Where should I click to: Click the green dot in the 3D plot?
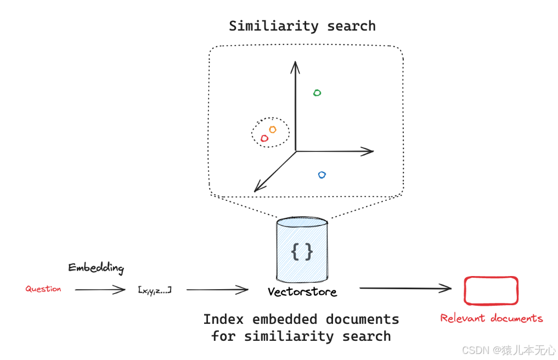[x=317, y=93]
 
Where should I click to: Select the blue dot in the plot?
[x=322, y=175]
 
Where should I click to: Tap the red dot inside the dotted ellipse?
[x=264, y=138]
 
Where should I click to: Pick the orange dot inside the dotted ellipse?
[x=272, y=130]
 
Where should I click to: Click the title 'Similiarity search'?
[x=302, y=26]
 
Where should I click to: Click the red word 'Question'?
[x=43, y=289]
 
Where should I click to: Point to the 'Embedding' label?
[x=96, y=268]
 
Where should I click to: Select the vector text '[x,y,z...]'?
[x=155, y=289]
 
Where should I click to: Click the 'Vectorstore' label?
[x=302, y=292]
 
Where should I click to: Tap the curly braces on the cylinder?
[x=302, y=251]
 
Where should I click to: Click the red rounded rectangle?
[x=491, y=290]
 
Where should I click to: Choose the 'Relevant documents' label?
[x=491, y=318]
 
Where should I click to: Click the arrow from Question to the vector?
[x=100, y=290]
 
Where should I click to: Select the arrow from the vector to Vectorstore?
[x=217, y=290]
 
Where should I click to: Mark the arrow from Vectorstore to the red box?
[x=405, y=288]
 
